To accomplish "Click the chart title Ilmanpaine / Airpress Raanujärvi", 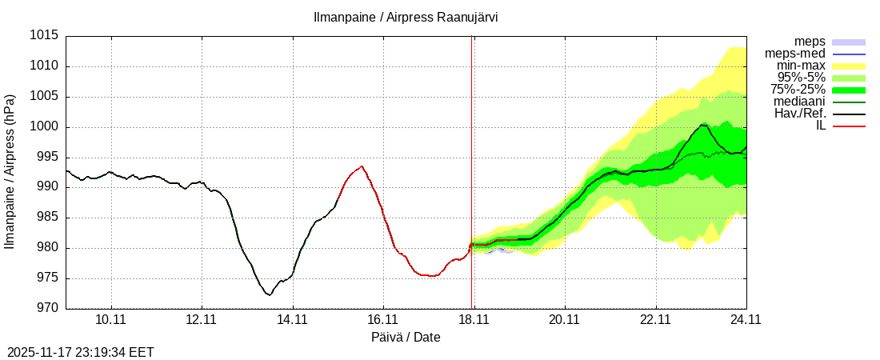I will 406,17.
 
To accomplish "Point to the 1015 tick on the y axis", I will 45,36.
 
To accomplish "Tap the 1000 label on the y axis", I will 45,127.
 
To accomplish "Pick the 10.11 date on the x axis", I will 111,320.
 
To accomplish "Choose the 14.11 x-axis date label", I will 293,320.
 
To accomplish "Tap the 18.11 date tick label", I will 474,320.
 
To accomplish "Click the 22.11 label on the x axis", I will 655,320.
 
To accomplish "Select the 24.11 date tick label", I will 746,320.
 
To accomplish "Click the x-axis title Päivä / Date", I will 406,338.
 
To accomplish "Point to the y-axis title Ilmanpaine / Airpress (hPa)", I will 10,172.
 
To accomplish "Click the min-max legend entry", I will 801,66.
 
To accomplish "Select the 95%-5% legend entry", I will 801,78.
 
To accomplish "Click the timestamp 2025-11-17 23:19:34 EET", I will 81,352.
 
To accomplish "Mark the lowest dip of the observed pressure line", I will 270,295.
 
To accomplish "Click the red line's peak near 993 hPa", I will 362,166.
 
